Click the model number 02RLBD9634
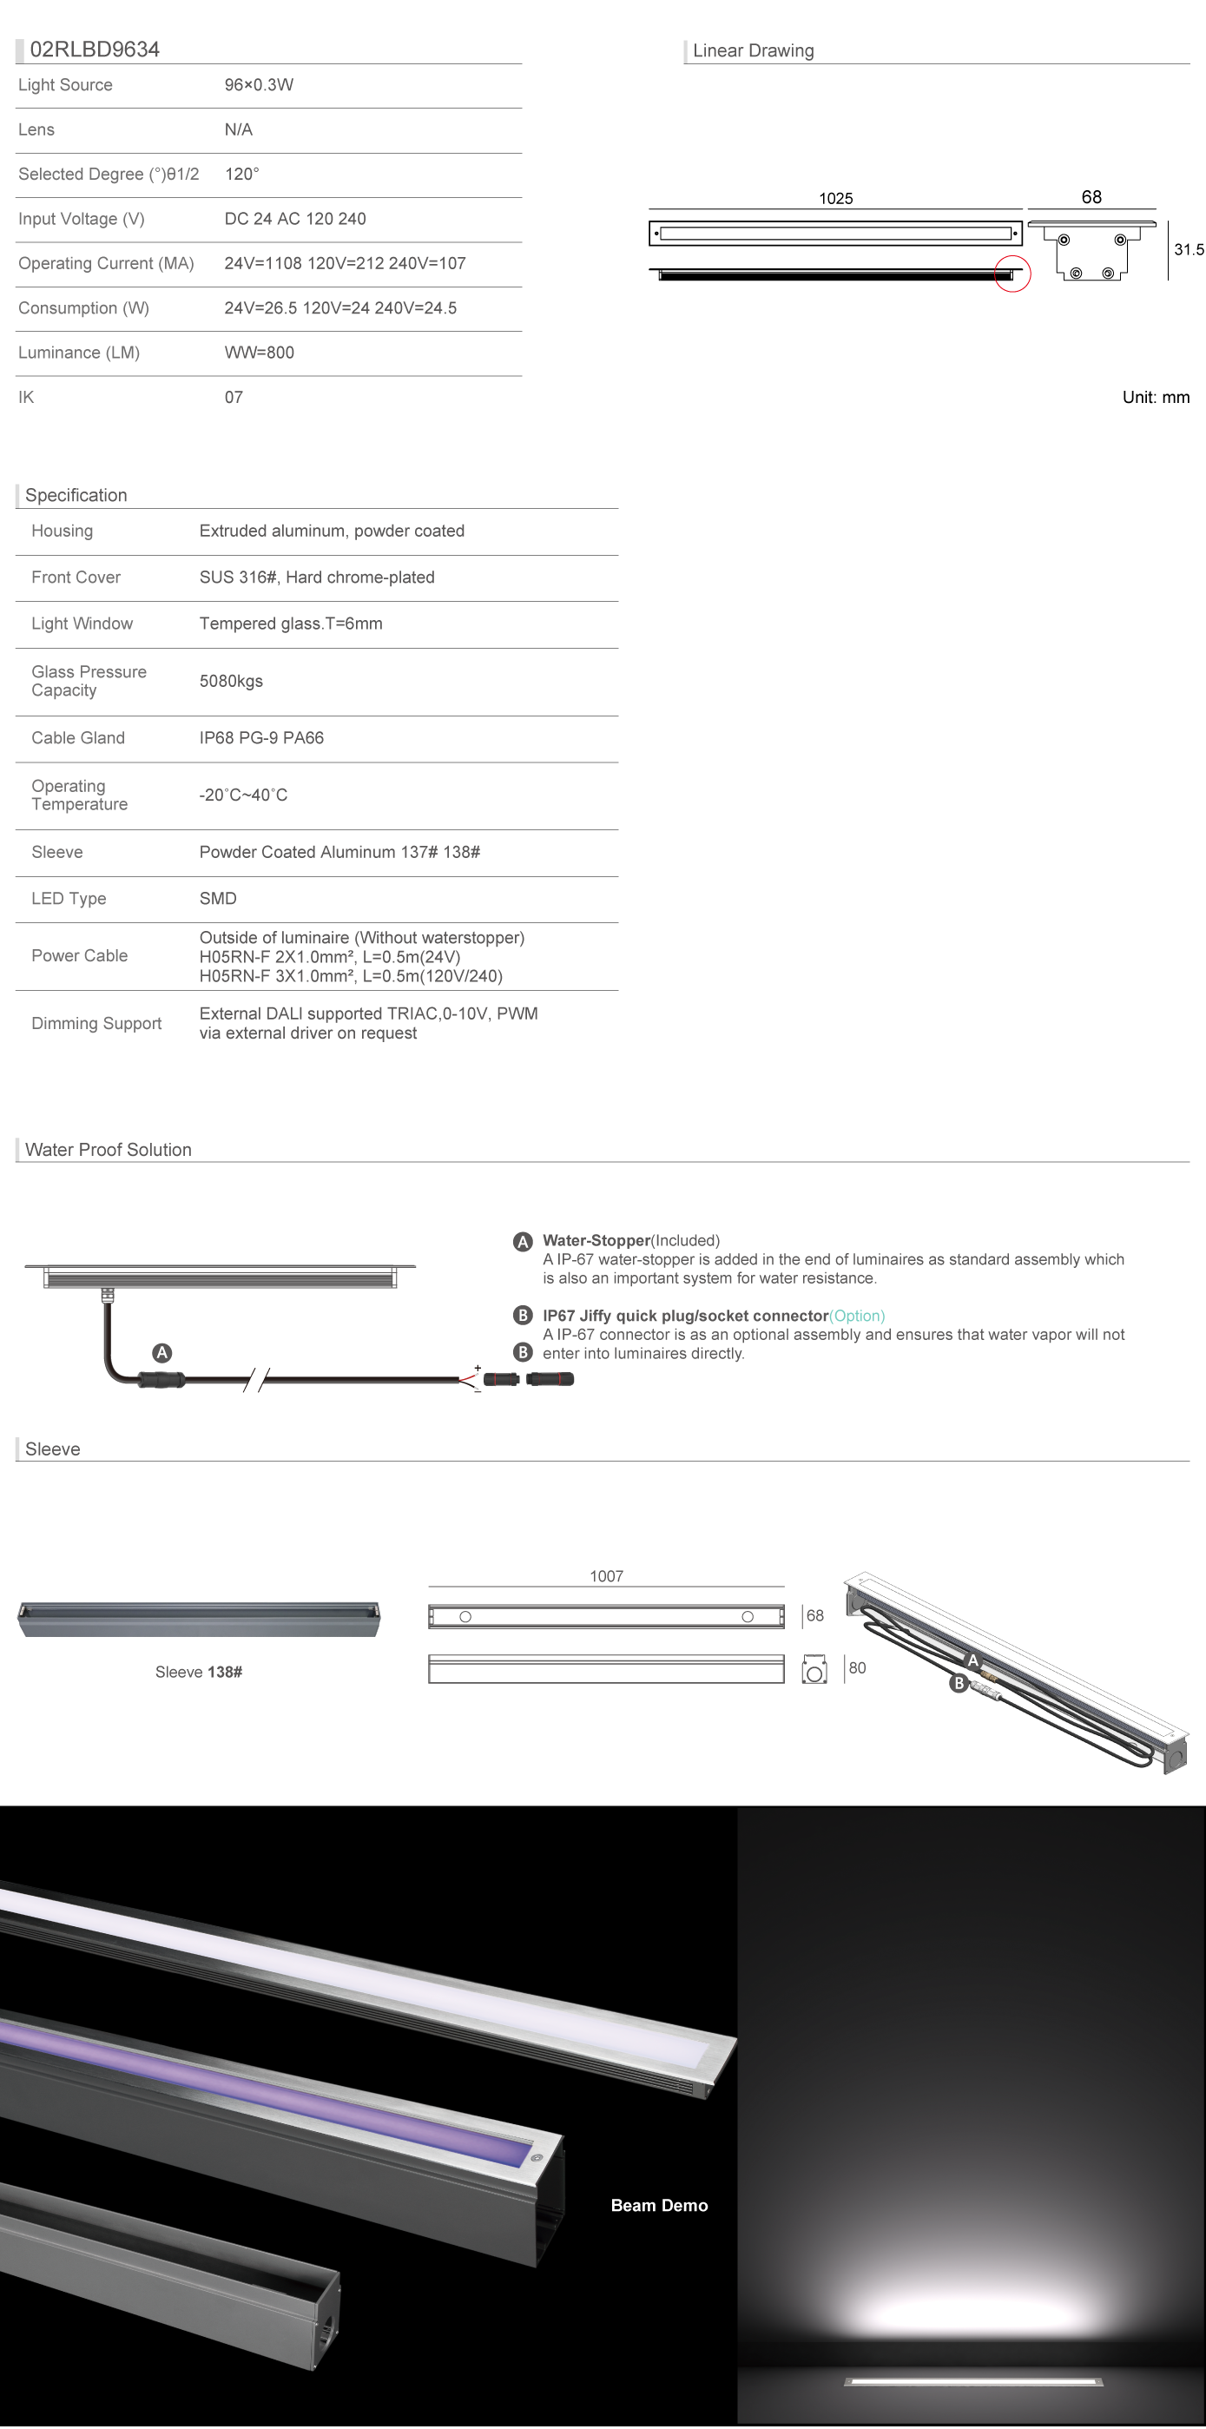[x=95, y=49]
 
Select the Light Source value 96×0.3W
[x=259, y=85]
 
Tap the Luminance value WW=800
[x=259, y=353]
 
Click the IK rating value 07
[x=233, y=397]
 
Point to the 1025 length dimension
[x=835, y=198]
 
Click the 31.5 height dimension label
[x=1188, y=250]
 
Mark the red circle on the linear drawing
[x=1012, y=274]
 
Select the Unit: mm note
[x=1155, y=397]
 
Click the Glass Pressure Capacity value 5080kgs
[x=231, y=681]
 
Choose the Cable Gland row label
[x=77, y=737]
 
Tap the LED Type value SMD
[x=218, y=899]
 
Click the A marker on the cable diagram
[x=162, y=1353]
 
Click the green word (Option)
[x=857, y=1316]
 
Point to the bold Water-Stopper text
[x=596, y=1240]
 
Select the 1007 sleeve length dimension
[x=606, y=1575]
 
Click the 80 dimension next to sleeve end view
[x=857, y=1667]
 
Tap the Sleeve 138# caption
[x=198, y=1672]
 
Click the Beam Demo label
[x=659, y=2206]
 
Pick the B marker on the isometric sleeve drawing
[x=959, y=1683]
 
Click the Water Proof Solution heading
[x=109, y=1150]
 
